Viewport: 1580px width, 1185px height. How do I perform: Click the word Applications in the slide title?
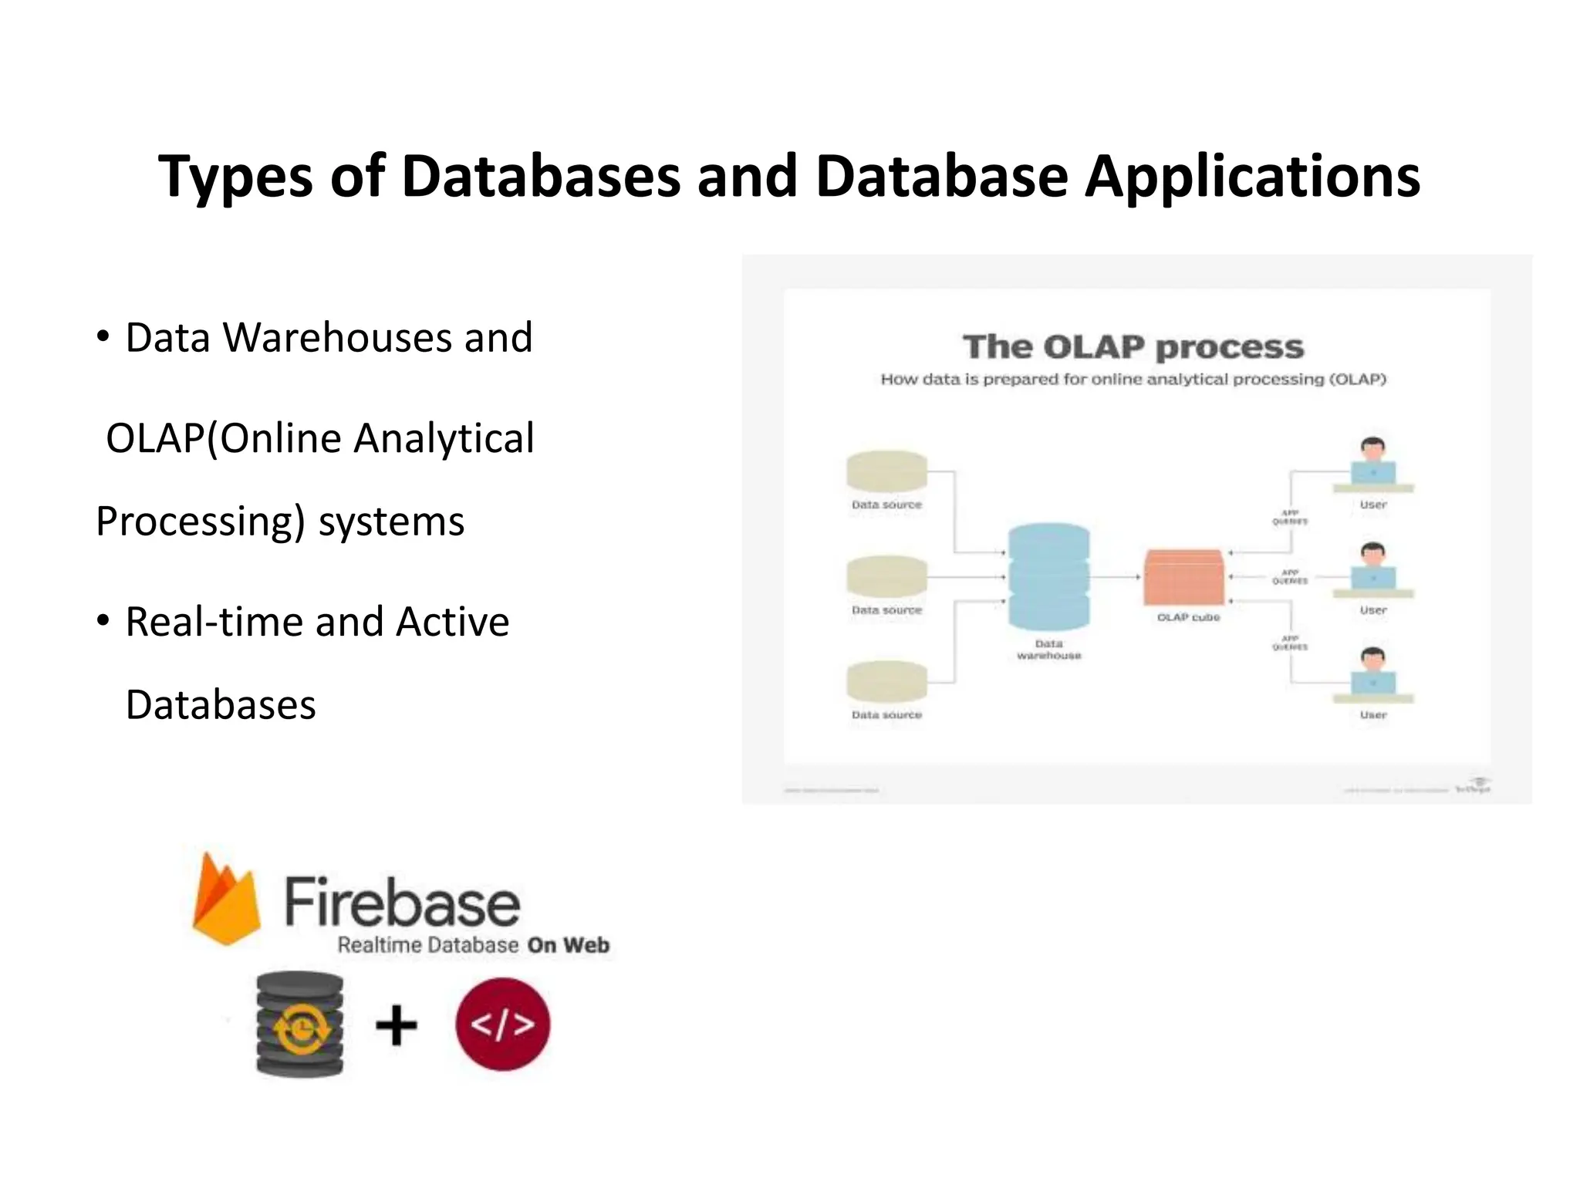pyautogui.click(x=1252, y=177)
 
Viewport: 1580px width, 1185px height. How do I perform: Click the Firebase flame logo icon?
pyautogui.click(x=225, y=900)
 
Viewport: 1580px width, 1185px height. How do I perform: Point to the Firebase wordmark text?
pyautogui.click(x=402, y=902)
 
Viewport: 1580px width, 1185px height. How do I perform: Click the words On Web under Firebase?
pyautogui.click(x=569, y=945)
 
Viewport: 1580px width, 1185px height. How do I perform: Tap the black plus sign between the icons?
pyautogui.click(x=396, y=1025)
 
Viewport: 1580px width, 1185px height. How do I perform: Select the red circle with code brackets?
pyautogui.click(x=502, y=1025)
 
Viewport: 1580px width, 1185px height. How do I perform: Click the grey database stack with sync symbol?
pyautogui.click(x=300, y=1025)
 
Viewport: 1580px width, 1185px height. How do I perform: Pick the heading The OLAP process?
pyautogui.click(x=1133, y=347)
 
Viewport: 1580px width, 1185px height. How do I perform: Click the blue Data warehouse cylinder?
pyautogui.click(x=1048, y=577)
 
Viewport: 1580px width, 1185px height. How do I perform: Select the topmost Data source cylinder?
pyautogui.click(x=886, y=471)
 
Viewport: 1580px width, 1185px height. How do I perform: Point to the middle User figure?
pyautogui.click(x=1372, y=570)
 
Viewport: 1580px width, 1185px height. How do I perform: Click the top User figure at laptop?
pyautogui.click(x=1372, y=464)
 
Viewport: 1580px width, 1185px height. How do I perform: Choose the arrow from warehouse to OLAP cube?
pyautogui.click(x=1116, y=576)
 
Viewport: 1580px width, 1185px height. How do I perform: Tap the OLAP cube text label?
pyautogui.click(x=1188, y=617)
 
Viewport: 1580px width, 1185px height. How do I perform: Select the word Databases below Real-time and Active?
pyautogui.click(x=221, y=705)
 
